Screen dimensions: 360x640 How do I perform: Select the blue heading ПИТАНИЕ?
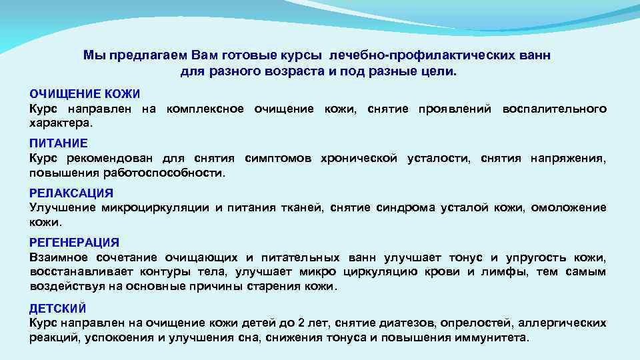pyautogui.click(x=59, y=143)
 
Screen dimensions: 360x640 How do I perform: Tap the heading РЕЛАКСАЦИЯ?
pyautogui.click(x=71, y=193)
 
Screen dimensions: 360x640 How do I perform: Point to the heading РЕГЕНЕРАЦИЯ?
pyautogui.click(x=75, y=243)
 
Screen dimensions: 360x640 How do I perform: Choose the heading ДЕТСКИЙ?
pyautogui.click(x=58, y=308)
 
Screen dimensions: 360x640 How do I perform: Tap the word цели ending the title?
pyautogui.click(x=441, y=71)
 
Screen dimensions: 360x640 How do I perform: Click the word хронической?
pyautogui.click(x=359, y=158)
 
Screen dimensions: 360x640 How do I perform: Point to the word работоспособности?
pyautogui.click(x=164, y=173)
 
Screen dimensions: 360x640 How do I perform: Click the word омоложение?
pyautogui.click(x=573, y=207)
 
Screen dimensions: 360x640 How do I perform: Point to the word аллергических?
pyautogui.click(x=563, y=323)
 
